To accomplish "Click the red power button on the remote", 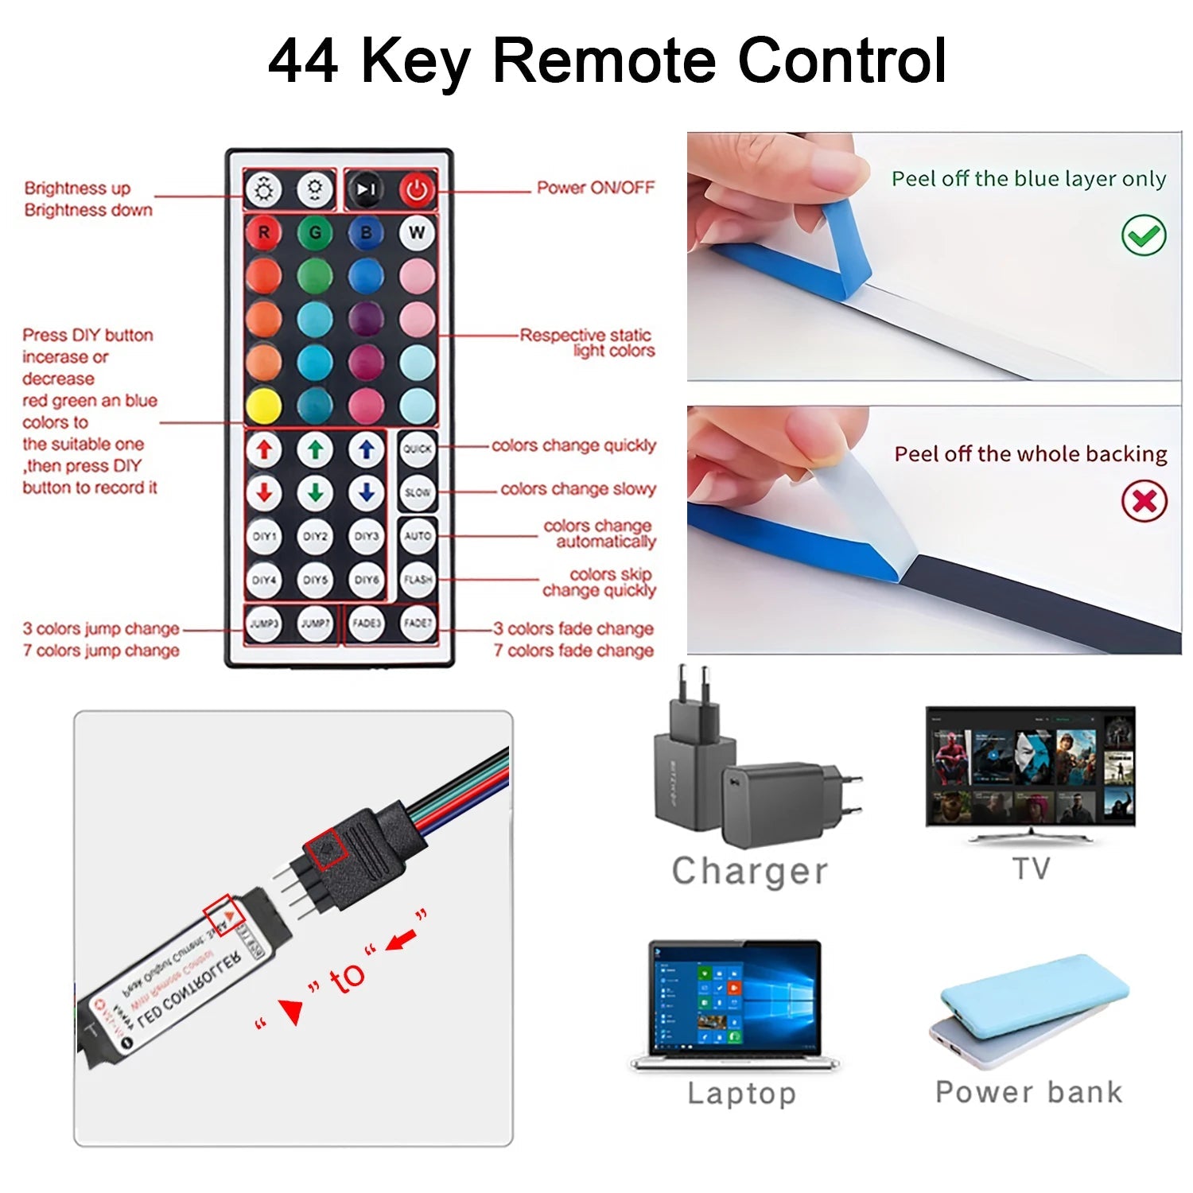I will point(417,189).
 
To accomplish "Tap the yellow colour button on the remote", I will point(264,406).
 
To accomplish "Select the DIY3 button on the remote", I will point(366,536).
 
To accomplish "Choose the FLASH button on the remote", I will point(418,580).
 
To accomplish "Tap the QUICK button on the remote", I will point(418,449).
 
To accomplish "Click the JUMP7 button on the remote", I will point(315,624).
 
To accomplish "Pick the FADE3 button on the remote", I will point(366,624).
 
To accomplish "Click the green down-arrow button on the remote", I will point(315,493).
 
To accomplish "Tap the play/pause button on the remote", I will point(366,189).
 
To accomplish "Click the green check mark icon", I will point(1144,235).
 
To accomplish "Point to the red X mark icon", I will point(1144,501).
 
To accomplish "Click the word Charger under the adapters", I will point(750,871).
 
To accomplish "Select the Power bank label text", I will point(1028,1092).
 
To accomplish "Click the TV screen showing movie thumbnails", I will point(1031,767).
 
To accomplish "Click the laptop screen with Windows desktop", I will point(735,1000).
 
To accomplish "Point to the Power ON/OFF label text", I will point(596,188).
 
